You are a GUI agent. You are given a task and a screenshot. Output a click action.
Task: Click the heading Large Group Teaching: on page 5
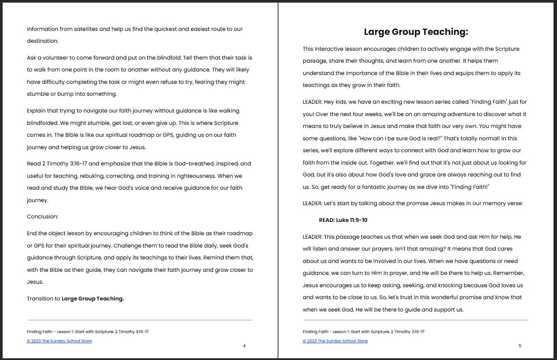[x=416, y=32]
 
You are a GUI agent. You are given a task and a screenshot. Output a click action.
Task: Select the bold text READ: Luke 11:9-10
[x=343, y=220]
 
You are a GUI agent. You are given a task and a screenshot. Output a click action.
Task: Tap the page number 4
[x=244, y=346]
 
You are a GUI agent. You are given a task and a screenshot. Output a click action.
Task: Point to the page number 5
[x=520, y=346]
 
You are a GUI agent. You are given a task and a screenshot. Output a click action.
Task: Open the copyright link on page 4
[x=59, y=341]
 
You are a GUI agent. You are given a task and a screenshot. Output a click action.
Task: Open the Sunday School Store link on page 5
[x=335, y=341]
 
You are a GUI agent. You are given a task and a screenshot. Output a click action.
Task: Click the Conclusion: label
[x=42, y=217]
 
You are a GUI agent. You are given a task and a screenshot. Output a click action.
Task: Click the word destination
[x=42, y=41]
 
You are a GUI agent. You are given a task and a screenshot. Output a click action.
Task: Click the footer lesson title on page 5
[x=364, y=332]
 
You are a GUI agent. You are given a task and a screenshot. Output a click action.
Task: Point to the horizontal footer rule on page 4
[x=140, y=320]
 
